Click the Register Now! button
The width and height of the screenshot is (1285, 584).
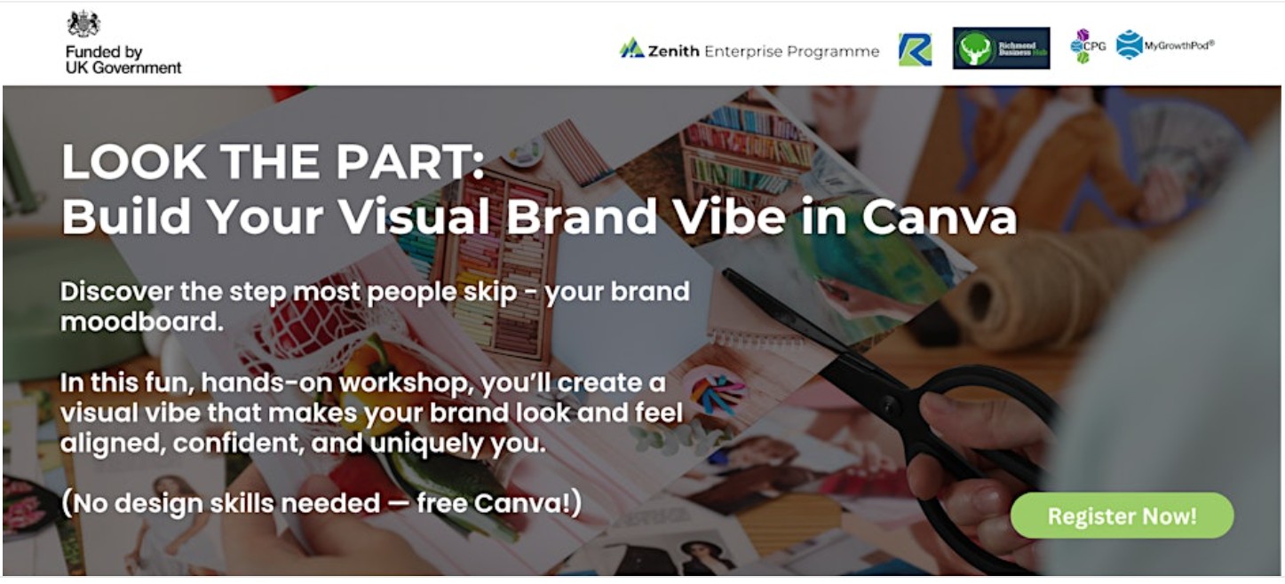[x=1122, y=516]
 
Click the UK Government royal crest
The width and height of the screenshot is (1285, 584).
[x=83, y=24]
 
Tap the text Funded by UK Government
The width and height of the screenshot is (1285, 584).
[x=123, y=59]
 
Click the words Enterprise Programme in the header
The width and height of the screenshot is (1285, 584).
[x=791, y=51]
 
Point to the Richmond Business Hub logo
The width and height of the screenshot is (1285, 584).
[x=1001, y=48]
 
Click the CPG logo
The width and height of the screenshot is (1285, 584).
[x=1087, y=46]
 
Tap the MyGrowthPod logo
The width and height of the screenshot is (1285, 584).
[x=1165, y=44]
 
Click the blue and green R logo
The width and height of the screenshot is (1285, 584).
[x=915, y=50]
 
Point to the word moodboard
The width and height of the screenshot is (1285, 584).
[x=141, y=322]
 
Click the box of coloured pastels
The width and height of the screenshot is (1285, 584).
[x=497, y=249]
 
